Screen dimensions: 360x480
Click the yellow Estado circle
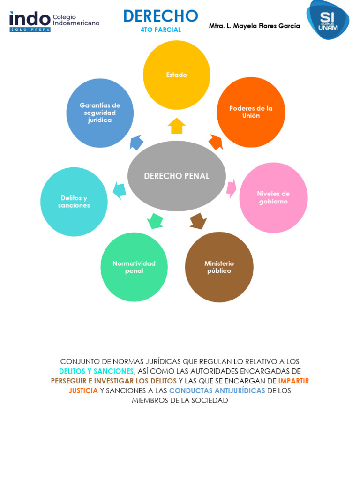pyautogui.click(x=177, y=75)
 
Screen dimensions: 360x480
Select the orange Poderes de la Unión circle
pyautogui.click(x=251, y=112)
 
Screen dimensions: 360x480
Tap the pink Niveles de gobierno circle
pyautogui.click(x=273, y=197)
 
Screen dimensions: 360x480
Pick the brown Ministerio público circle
pyautogui.click(x=219, y=267)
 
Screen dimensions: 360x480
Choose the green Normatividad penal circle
pyautogui.click(x=134, y=267)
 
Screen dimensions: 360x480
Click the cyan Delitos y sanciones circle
pyautogui.click(x=74, y=202)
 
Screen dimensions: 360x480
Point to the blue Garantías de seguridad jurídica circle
pyautogui.click(x=100, y=113)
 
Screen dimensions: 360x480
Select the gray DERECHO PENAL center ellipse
pyautogui.click(x=177, y=176)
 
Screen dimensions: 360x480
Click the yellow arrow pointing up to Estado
pyautogui.click(x=177, y=126)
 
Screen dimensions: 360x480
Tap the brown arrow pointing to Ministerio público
pyautogui.click(x=198, y=221)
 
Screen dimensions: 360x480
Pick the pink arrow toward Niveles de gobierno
pyautogui.click(x=231, y=187)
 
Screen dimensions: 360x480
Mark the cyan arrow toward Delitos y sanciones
pyautogui.click(x=120, y=190)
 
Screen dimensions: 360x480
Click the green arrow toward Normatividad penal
pyautogui.click(x=155, y=220)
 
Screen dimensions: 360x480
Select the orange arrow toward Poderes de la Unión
pyautogui.click(x=216, y=142)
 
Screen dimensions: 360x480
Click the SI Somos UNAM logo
pyautogui.click(x=328, y=20)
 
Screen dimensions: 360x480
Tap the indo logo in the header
pyautogui.click(x=30, y=21)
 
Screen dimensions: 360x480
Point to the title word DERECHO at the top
pyautogui.click(x=161, y=16)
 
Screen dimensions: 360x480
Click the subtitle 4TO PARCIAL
pyautogui.click(x=161, y=30)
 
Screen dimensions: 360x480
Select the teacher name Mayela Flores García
pyautogui.click(x=255, y=26)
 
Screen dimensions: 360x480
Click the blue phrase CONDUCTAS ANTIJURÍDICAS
pyautogui.click(x=217, y=390)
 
